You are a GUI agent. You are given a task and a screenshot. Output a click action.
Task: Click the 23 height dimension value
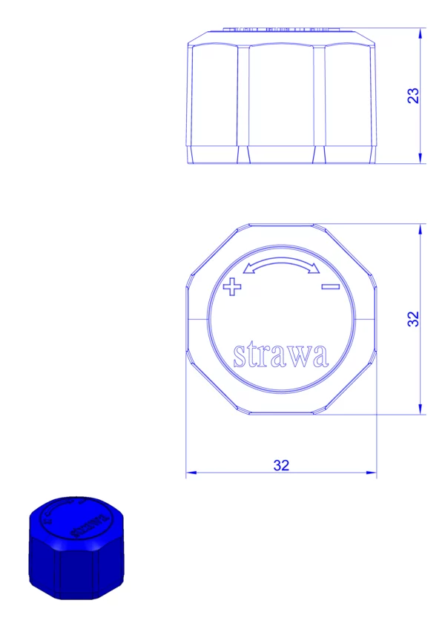click(x=413, y=96)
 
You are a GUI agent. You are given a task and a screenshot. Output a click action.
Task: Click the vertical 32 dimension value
click(x=413, y=319)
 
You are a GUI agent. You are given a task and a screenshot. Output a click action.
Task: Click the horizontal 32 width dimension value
click(x=281, y=465)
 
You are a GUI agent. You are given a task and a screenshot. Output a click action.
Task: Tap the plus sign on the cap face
click(x=232, y=286)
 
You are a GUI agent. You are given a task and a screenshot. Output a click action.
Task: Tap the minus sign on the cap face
click(x=331, y=286)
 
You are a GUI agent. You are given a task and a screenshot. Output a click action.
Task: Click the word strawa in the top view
click(x=281, y=355)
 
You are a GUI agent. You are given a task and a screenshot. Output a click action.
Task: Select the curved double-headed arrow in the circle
click(x=282, y=266)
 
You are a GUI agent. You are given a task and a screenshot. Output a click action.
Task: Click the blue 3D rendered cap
click(x=76, y=548)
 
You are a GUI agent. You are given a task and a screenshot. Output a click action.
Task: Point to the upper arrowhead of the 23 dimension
click(x=420, y=33)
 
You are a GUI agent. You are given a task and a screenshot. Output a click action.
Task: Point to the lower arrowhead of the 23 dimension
click(x=420, y=159)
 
